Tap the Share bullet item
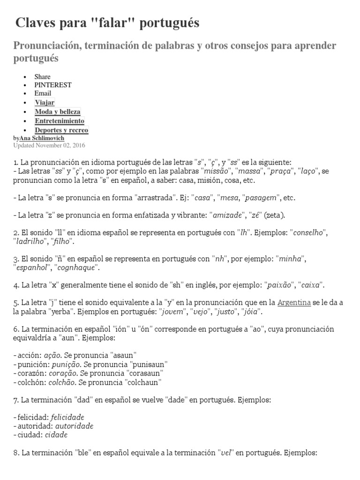42,76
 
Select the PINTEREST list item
53,85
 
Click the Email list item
43,93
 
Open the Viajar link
45,102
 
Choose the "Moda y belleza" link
58,112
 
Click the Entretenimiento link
60,120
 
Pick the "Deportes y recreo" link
61,130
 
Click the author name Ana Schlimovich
42,138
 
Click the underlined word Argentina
294,303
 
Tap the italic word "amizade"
228,215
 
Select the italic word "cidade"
56,435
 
